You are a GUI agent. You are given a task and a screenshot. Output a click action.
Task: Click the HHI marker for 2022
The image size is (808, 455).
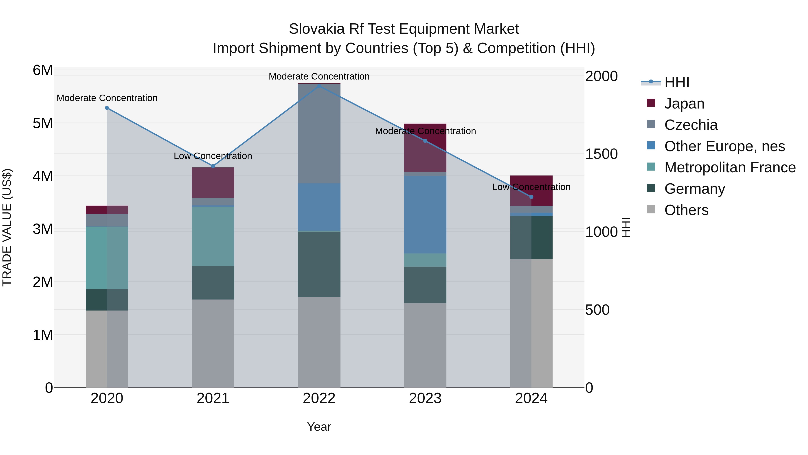click(x=319, y=86)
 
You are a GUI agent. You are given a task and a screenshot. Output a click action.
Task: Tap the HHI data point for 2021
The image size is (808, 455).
click(x=213, y=166)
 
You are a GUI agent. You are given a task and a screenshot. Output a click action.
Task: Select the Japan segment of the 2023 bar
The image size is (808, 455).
click(x=425, y=148)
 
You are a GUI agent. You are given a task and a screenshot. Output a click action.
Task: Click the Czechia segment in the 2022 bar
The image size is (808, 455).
click(x=319, y=134)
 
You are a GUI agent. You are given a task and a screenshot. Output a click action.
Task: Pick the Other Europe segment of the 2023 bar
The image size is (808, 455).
click(x=425, y=215)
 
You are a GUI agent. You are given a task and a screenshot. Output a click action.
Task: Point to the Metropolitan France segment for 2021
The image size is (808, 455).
click(x=213, y=236)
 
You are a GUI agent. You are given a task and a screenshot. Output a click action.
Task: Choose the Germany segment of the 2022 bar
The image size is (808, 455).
click(x=319, y=264)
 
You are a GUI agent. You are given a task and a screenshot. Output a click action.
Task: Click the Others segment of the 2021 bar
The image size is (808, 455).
click(x=213, y=343)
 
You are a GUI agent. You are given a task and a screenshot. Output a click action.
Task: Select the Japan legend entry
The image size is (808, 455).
click(x=684, y=104)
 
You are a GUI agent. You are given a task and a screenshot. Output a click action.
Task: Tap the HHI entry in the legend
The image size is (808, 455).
click(x=676, y=82)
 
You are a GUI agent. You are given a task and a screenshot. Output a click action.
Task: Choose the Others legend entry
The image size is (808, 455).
click(x=686, y=210)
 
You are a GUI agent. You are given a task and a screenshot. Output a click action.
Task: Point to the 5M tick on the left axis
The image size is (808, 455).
click(x=43, y=123)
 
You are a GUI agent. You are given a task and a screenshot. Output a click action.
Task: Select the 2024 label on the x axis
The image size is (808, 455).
click(x=531, y=398)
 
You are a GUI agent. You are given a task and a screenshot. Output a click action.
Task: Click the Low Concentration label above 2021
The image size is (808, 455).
click(x=213, y=156)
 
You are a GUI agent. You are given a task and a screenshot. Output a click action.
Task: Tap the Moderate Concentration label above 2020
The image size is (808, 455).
click(x=107, y=98)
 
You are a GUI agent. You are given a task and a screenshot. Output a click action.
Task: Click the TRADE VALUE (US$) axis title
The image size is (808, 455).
click(x=7, y=227)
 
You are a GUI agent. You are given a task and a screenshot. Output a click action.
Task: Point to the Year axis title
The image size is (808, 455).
click(x=319, y=427)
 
